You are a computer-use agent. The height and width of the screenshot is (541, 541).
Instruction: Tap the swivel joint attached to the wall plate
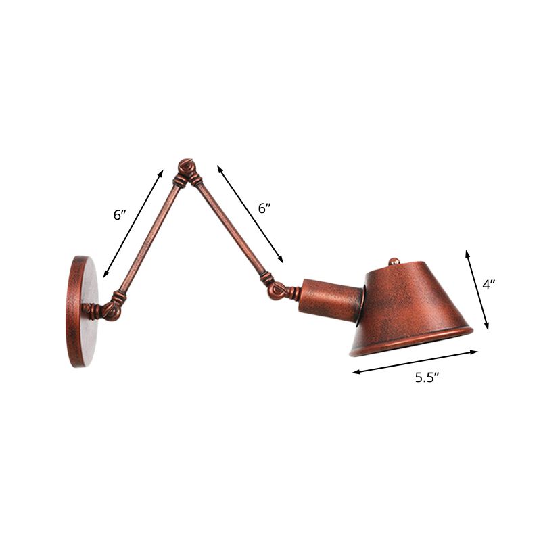[x=105, y=310]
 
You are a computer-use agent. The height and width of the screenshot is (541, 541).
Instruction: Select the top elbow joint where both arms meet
[x=186, y=169]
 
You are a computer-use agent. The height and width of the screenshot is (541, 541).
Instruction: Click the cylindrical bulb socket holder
[x=331, y=298]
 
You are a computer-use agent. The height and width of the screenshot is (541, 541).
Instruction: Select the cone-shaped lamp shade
[x=413, y=304]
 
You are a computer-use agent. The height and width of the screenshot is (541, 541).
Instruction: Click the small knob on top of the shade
[x=394, y=261]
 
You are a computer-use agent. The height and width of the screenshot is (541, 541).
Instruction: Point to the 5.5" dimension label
[x=427, y=378]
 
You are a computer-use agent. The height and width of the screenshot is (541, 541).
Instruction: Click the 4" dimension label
[x=489, y=285]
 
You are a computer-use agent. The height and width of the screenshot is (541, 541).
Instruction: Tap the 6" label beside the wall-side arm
[x=120, y=216]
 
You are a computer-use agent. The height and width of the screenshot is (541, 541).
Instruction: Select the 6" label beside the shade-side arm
[x=264, y=208]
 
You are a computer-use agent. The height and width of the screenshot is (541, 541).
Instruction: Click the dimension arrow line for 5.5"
[x=415, y=361]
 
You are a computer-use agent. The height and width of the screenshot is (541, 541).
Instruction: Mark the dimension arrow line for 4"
[x=477, y=289]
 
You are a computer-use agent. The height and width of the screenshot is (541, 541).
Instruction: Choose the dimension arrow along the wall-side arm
[x=133, y=223]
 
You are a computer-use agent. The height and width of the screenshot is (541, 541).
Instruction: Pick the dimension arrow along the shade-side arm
[x=250, y=213]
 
